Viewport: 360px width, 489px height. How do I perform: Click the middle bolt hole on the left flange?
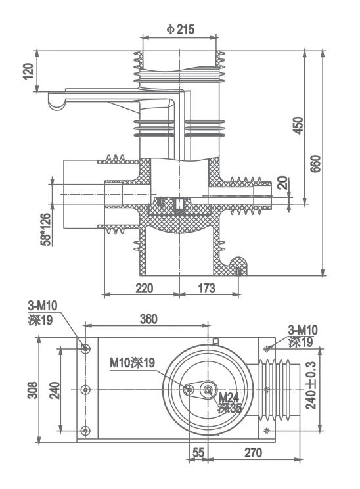pyautogui.click(x=85, y=390)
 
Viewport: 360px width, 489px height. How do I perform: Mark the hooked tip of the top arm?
pyautogui.click(x=56, y=104)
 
